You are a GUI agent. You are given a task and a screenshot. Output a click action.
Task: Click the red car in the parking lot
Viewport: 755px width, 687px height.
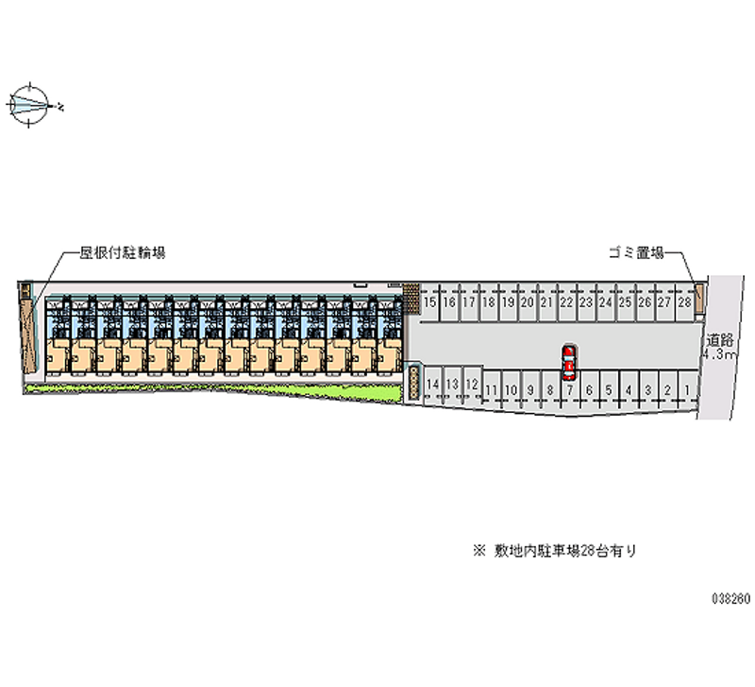click(x=569, y=361)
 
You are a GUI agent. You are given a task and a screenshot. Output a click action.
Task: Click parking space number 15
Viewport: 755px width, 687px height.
click(x=430, y=302)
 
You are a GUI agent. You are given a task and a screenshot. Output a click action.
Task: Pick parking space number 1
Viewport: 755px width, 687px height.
click(x=687, y=389)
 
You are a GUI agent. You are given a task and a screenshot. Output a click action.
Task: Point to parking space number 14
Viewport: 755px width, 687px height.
click(x=433, y=384)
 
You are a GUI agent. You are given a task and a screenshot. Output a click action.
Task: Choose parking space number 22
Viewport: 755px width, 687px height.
click(x=566, y=302)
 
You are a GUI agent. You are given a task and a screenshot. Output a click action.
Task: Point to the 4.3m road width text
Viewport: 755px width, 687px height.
click(x=719, y=355)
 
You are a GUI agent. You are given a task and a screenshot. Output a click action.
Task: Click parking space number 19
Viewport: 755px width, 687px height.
click(x=508, y=302)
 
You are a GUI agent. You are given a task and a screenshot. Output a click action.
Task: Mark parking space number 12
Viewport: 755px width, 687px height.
click(x=472, y=384)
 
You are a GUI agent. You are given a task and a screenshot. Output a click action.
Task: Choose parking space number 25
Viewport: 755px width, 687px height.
click(x=625, y=302)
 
